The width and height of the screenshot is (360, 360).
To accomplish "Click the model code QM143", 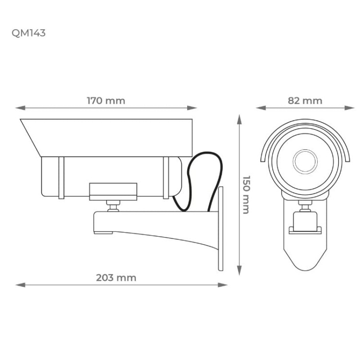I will pyautogui.click(x=28, y=33).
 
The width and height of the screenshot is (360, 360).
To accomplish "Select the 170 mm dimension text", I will pyautogui.click(x=106, y=101).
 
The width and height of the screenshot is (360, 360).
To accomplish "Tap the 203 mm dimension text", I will pyautogui.click(x=116, y=277).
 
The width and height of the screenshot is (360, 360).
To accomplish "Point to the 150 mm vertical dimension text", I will pyautogui.click(x=245, y=193).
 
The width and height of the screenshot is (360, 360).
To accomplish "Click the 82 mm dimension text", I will pyautogui.click(x=305, y=101).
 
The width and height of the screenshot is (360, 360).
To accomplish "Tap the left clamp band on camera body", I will pyautogui.click(x=61, y=177).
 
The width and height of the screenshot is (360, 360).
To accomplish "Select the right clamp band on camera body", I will pyautogui.click(x=166, y=177).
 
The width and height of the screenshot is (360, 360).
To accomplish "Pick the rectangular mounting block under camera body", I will pyautogui.click(x=113, y=191).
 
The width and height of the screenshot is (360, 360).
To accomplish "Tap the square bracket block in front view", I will pyautogui.click(x=305, y=223).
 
